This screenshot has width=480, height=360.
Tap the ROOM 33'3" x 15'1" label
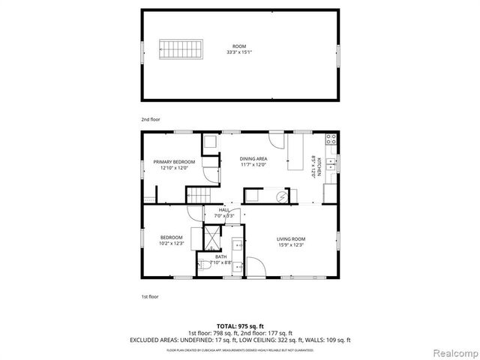[239, 50]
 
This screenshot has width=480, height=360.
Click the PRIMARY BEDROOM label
[174, 165]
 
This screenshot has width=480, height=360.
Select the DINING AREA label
[253, 162]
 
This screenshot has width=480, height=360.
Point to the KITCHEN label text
[316, 166]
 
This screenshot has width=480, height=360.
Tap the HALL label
[223, 212]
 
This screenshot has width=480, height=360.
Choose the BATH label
[220, 259]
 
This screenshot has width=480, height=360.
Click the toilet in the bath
[204, 265]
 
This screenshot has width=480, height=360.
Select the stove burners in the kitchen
[330, 139]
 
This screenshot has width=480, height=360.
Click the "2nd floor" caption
[151, 119]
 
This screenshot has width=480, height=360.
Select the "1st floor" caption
[150, 297]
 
